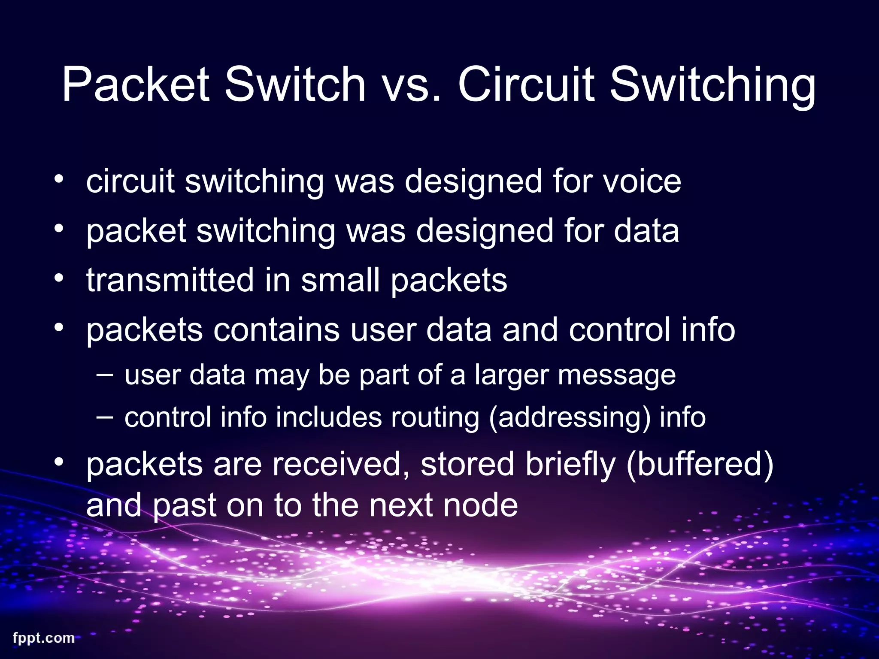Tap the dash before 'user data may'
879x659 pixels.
tap(105, 375)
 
